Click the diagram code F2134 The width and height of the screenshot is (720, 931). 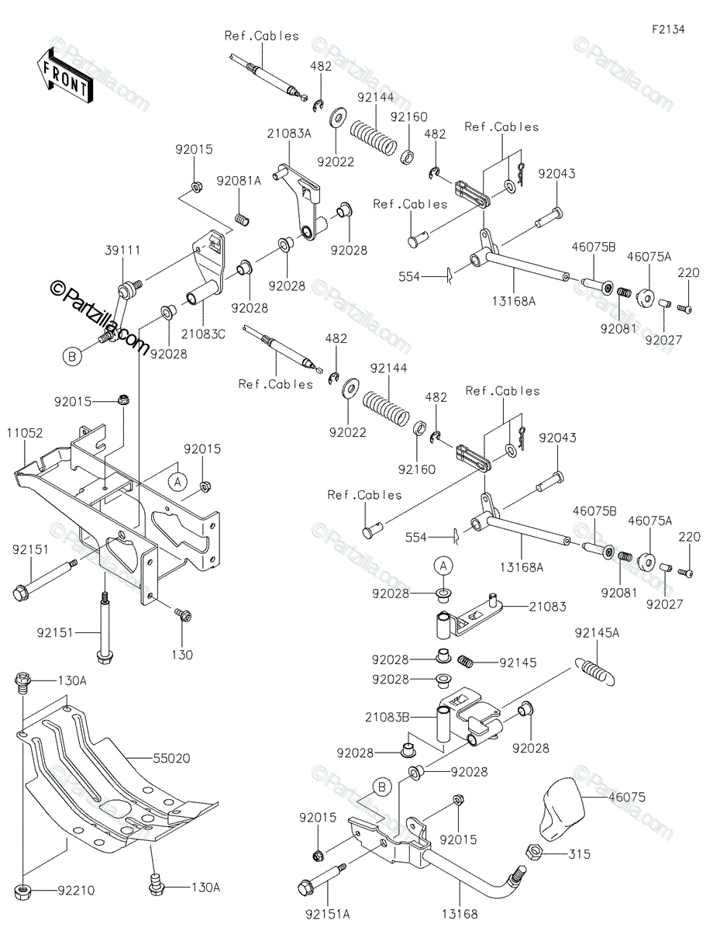point(668,29)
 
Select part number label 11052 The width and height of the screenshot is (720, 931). point(25,433)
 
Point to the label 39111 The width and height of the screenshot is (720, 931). point(122,251)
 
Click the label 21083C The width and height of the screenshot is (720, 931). point(203,334)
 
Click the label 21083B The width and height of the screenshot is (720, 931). point(388,716)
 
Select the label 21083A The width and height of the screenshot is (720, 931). point(289,133)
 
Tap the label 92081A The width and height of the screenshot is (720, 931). point(239,181)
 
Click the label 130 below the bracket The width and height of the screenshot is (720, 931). point(182,655)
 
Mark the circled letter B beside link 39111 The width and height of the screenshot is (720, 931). point(72,356)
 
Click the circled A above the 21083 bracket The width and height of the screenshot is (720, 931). point(443,566)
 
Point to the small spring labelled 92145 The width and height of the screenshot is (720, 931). point(466,661)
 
